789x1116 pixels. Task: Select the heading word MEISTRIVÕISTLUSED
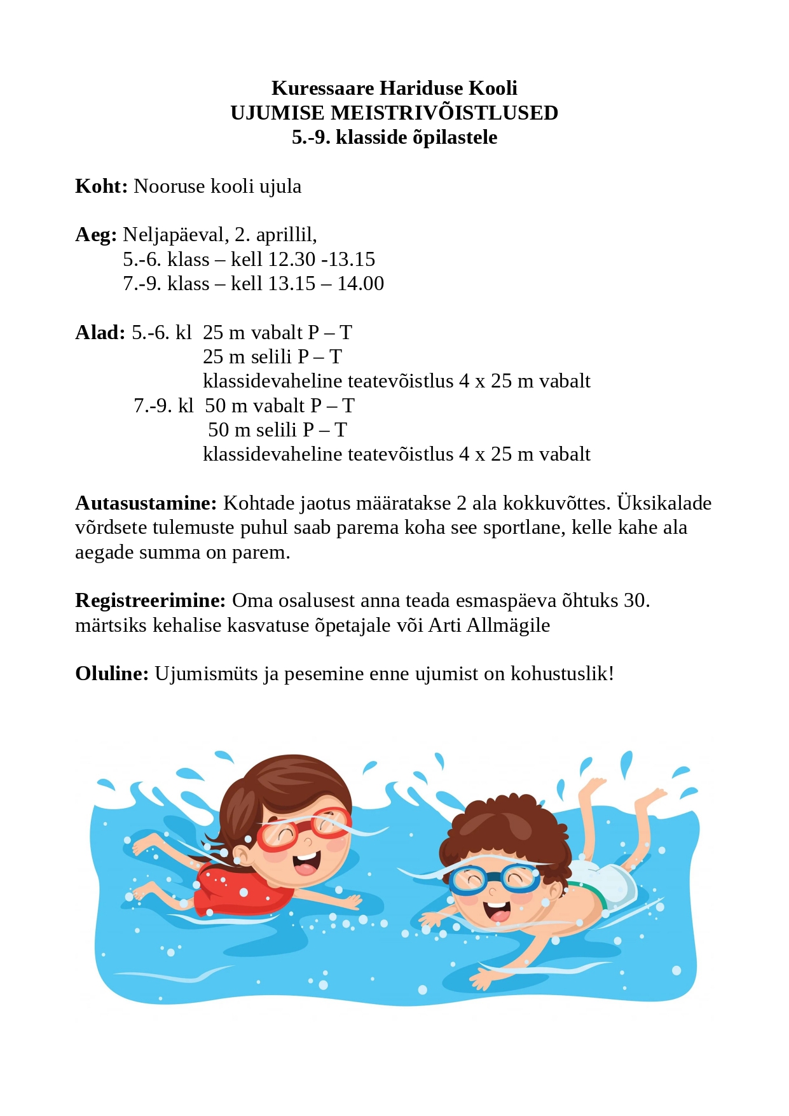(444, 113)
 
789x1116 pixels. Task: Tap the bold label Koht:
(101, 186)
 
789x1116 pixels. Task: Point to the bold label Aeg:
(96, 235)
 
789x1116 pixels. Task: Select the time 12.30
(292, 260)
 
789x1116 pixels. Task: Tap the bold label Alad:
(100, 333)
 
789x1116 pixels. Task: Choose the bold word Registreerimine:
(150, 601)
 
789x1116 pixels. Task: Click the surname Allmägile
(508, 625)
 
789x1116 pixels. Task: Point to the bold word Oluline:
(112, 674)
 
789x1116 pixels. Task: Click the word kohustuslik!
(563, 674)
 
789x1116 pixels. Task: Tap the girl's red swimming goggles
(302, 830)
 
